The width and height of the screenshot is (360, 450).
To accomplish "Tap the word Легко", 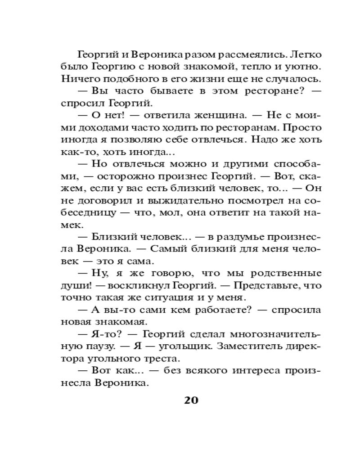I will point(306,55).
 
